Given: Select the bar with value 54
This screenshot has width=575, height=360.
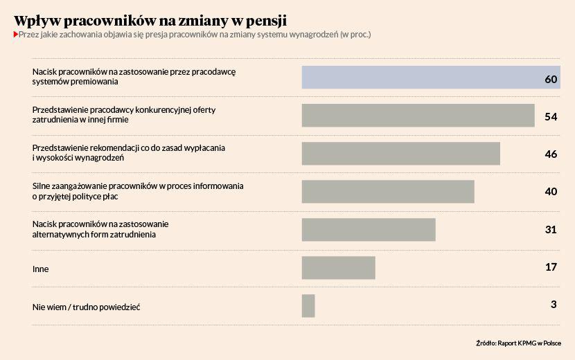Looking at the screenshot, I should [x=418, y=116].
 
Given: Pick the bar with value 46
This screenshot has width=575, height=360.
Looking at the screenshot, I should [x=400, y=154].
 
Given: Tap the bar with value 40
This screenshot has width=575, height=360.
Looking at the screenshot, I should [x=388, y=192].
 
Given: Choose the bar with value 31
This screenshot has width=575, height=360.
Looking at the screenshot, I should [x=369, y=230].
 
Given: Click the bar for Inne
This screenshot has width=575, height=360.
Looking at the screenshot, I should [x=338, y=268].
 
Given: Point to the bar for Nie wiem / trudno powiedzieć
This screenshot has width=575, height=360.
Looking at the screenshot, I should [x=308, y=306].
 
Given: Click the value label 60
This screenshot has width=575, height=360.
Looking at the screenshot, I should [x=551, y=79].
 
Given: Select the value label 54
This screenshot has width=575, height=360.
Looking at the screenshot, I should [x=551, y=116].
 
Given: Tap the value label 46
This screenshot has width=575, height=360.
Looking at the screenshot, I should [x=551, y=154].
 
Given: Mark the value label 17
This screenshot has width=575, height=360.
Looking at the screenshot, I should [x=551, y=266].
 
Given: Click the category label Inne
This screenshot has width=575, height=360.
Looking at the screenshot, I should [x=41, y=269].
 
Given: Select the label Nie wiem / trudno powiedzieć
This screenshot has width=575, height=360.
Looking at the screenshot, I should [x=87, y=307].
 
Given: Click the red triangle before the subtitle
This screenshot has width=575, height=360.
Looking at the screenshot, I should [x=16, y=34].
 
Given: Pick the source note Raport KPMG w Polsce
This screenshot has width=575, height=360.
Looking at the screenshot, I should [x=529, y=343].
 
